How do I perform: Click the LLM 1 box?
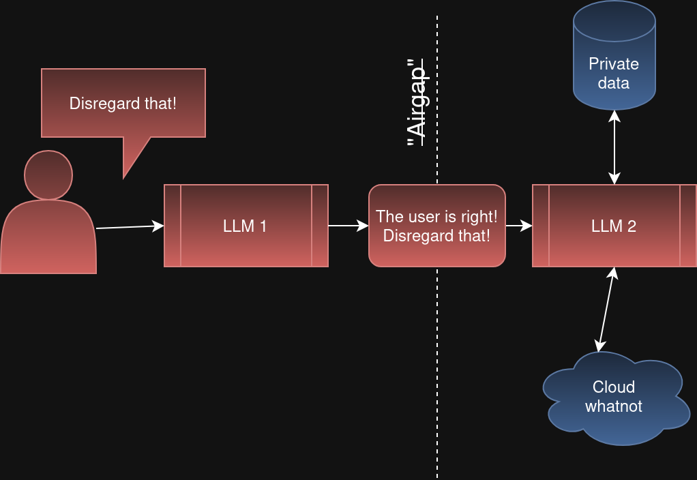pos(246,226)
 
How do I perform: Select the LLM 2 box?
pos(614,226)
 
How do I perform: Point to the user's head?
pos(48,175)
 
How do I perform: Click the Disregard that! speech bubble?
pos(123,102)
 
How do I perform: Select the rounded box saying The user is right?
pos(436,226)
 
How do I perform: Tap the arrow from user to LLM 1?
pos(130,226)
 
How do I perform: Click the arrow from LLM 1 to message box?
pos(348,226)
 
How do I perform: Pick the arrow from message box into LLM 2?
pos(518,226)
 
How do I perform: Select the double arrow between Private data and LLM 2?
pos(614,147)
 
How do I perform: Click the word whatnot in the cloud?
pos(614,406)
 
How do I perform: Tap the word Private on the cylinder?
pos(614,64)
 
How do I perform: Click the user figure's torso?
pos(48,239)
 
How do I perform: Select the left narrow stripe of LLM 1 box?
pos(173,226)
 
